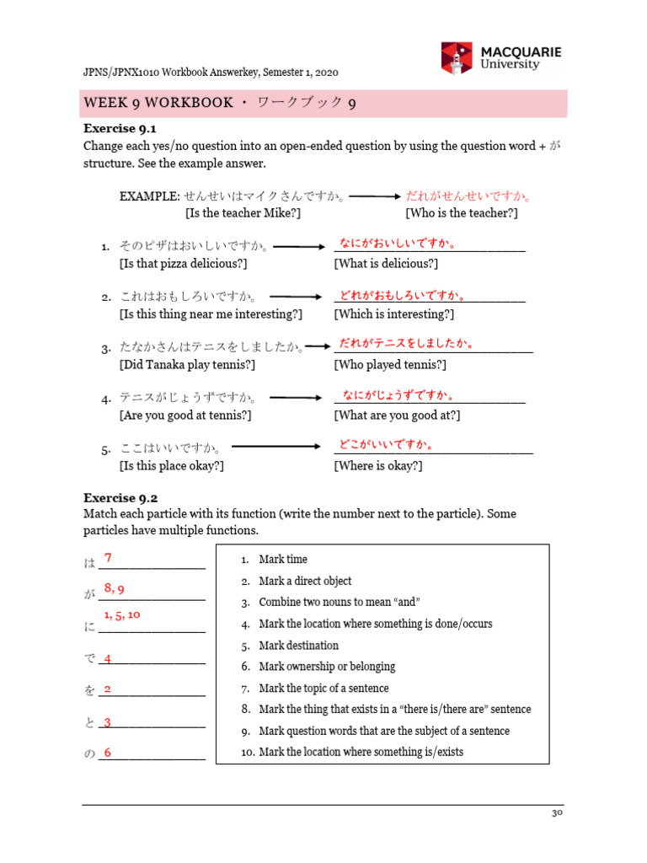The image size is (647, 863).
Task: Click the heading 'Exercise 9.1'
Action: coord(120,128)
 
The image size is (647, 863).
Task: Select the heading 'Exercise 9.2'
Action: coord(120,497)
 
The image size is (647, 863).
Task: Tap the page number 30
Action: coord(556,813)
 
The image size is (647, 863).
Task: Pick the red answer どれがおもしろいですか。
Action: coord(402,295)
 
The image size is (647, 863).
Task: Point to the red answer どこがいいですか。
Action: coord(386,444)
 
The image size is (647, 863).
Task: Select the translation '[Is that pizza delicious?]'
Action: coord(183,264)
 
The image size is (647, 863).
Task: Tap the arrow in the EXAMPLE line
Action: coord(374,196)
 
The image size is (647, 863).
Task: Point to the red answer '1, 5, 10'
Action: coord(122,615)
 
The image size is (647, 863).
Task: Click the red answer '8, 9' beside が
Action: coord(115,587)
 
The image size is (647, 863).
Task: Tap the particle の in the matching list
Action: coord(89,754)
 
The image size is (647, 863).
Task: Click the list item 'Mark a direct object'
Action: coord(305,581)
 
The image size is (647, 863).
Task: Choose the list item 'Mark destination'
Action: coord(298,646)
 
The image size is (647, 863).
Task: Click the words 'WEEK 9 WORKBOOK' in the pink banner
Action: coord(158,103)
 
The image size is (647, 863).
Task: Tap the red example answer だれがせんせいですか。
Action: coord(469,196)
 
